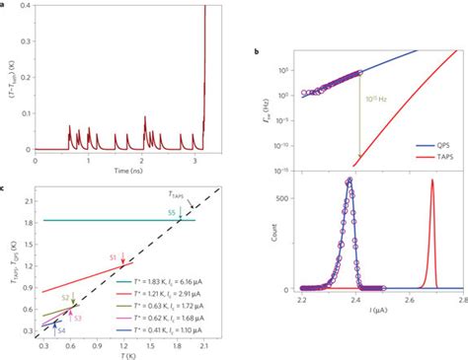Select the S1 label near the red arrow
tap(113, 256)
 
